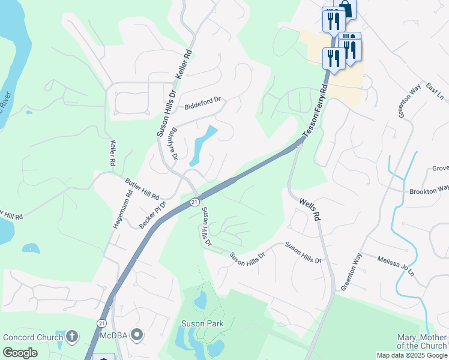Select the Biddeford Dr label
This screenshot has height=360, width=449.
click(203, 103)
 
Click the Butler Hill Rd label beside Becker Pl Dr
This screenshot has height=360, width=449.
click(142, 188)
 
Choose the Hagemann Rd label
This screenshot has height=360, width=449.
click(122, 209)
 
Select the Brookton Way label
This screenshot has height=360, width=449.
click(429, 191)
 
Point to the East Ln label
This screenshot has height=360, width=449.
click(433, 91)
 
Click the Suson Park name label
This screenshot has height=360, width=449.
click(202, 324)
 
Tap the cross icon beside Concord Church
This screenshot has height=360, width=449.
click(72, 336)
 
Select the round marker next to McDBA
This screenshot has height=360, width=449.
click(137, 334)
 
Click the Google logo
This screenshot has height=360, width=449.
click(20, 353)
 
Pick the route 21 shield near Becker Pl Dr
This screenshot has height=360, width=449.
click(194, 202)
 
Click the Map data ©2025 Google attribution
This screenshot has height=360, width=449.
click(412, 355)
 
